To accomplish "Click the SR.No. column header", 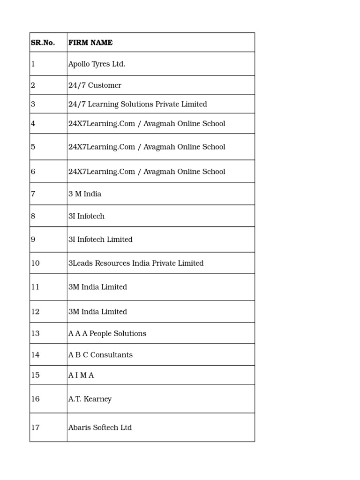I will point(43,43).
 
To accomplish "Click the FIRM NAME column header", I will point(90,43).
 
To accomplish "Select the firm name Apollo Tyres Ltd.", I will point(97,64).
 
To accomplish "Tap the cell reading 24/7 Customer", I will point(95,85).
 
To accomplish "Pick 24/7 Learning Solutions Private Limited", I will point(137,104).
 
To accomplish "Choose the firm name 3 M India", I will point(85,194).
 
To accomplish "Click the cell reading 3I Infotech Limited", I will point(100,240).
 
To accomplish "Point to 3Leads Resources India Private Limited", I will point(136,263).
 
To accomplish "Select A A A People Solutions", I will point(107,334).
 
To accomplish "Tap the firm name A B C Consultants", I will point(100,355).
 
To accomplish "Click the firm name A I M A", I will point(81,375).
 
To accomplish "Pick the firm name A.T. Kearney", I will point(90,399).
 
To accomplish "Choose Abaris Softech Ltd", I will point(100,427).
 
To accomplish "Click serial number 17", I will point(35,427).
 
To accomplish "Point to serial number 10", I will point(35,263).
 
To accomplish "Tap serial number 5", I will point(33,147).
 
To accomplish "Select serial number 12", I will point(35,312).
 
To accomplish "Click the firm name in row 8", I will point(86,216).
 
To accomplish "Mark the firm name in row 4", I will point(147,124).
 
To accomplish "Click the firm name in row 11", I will point(97,287).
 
